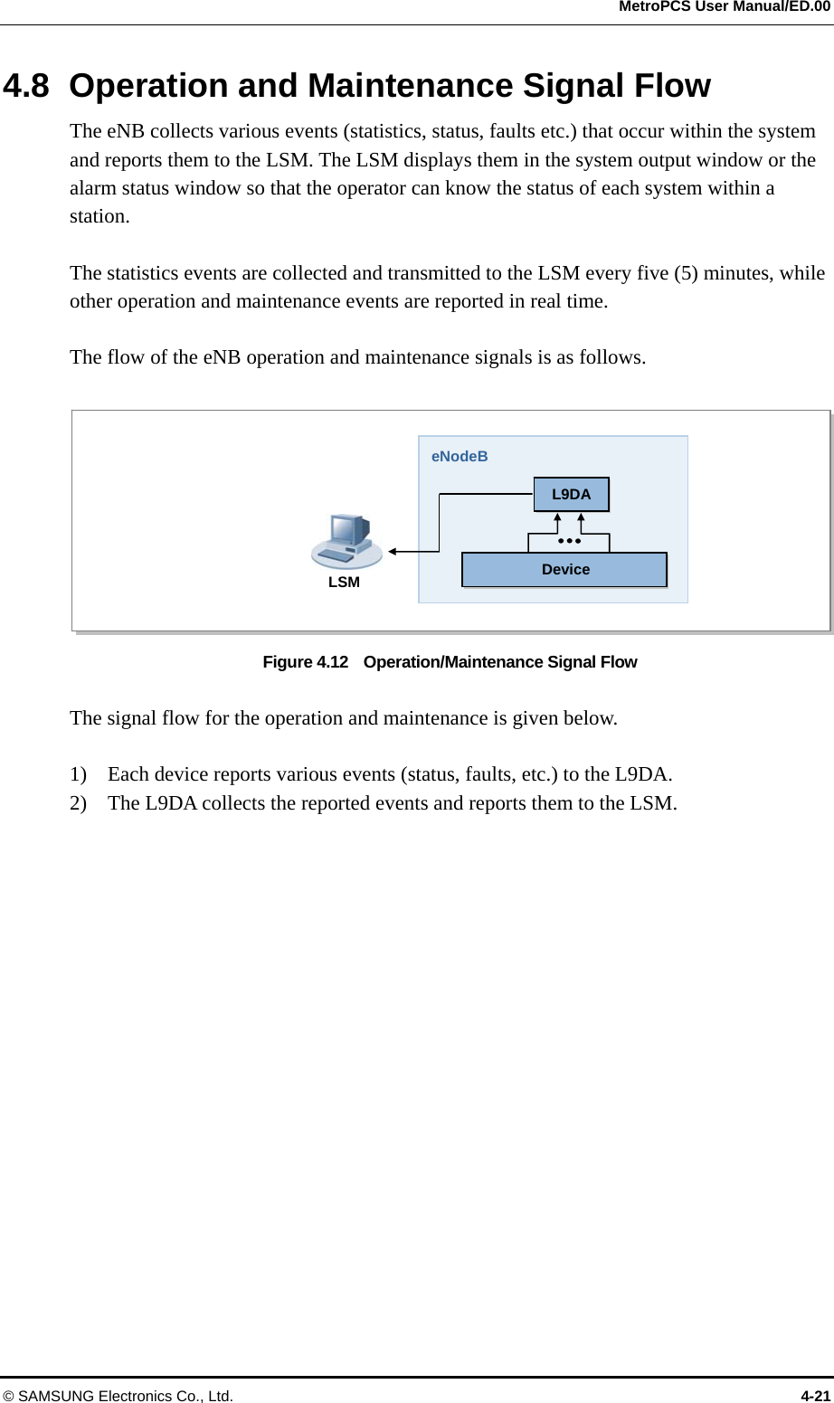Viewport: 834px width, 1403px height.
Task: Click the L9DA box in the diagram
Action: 571,494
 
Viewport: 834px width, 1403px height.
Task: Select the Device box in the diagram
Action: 564,569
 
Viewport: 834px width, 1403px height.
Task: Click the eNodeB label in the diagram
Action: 460,456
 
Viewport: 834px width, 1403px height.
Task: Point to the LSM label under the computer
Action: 344,582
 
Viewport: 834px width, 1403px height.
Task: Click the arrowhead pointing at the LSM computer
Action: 393,551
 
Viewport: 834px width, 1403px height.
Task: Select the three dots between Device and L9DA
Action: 569,541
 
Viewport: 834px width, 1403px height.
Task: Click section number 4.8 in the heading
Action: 26,86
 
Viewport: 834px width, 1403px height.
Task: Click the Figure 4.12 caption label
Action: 305,662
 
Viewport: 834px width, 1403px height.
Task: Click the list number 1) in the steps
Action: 79,774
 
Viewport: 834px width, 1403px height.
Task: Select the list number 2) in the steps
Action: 79,803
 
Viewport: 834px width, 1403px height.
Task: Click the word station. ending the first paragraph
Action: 100,216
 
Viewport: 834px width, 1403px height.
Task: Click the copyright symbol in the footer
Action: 8,1396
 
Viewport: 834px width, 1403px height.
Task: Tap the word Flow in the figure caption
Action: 618,662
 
